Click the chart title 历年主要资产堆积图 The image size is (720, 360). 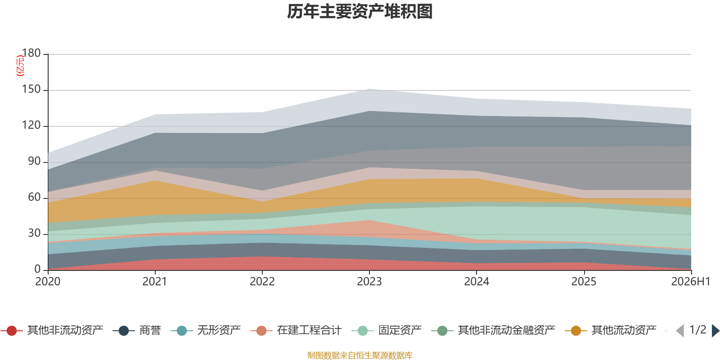360,12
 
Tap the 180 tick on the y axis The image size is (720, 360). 31,53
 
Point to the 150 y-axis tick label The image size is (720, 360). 31,89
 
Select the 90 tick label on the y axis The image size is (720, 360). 34,161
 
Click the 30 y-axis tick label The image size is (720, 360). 34,233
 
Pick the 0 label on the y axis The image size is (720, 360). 38,269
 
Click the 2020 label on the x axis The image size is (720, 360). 48,282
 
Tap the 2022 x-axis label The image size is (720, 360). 262,282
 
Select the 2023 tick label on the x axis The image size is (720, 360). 369,282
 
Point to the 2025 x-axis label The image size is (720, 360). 584,282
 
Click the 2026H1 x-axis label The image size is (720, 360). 691,282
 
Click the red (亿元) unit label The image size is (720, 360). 20,66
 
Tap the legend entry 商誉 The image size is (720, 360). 137,330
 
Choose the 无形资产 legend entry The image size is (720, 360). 206,330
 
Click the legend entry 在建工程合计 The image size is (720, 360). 296,330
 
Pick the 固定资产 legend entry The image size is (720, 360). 387,330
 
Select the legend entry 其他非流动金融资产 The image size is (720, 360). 493,330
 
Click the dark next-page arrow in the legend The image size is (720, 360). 715,330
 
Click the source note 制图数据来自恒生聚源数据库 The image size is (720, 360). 360,355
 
